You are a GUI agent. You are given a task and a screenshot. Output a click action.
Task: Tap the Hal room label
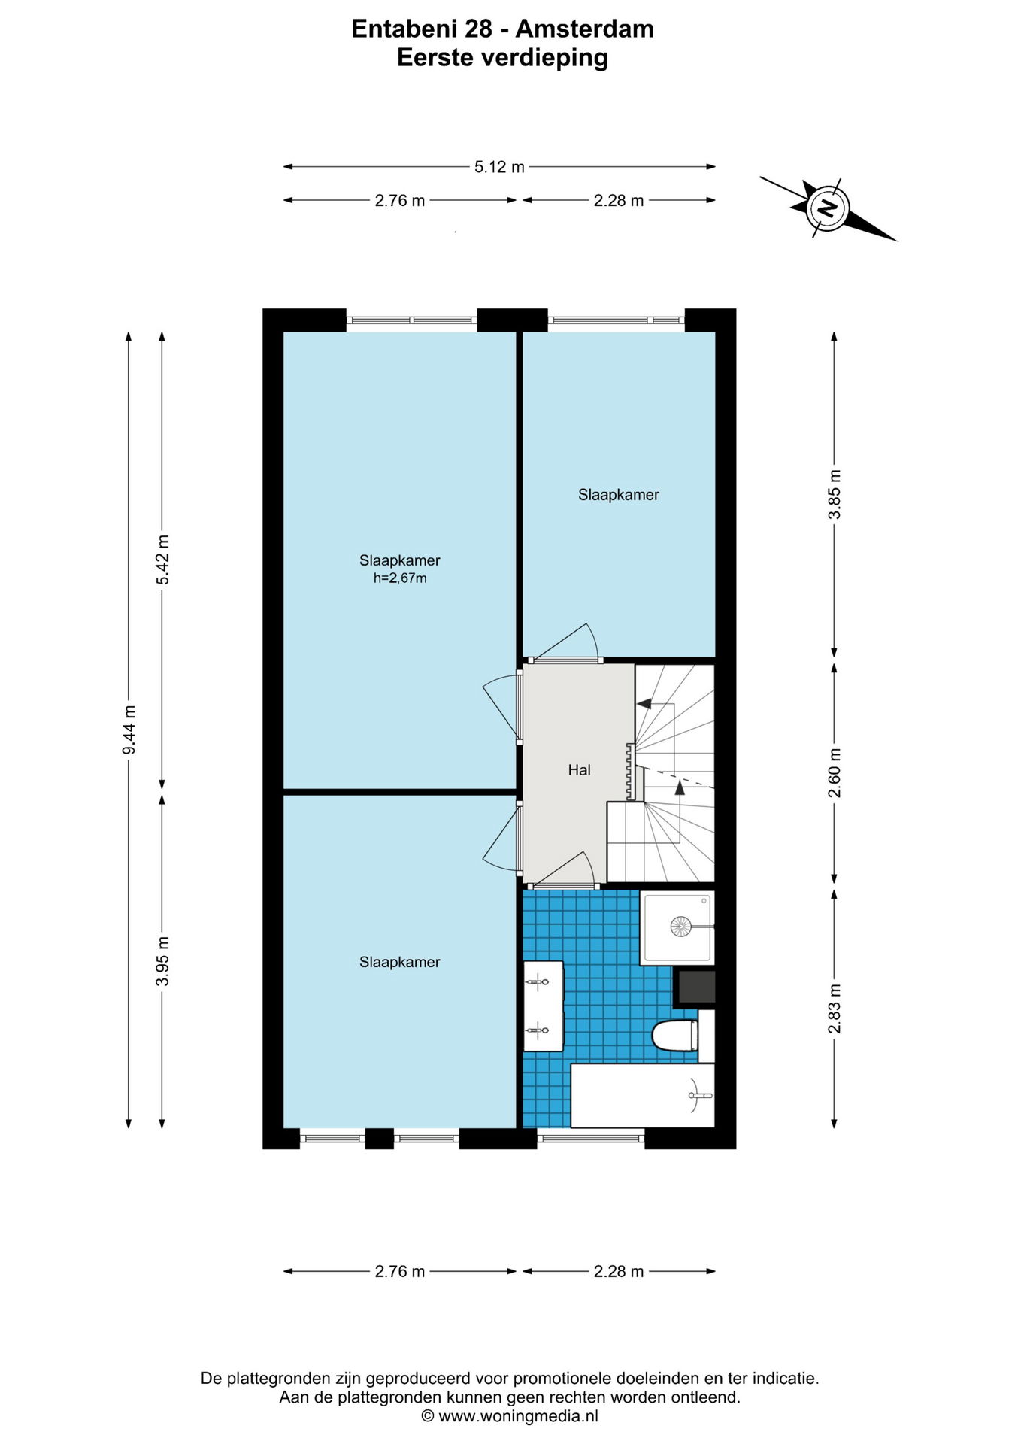click(579, 770)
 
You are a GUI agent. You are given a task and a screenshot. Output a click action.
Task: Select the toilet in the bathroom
click(674, 1036)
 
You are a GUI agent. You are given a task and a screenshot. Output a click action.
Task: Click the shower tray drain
click(680, 926)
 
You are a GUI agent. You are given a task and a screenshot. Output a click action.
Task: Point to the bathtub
click(642, 1095)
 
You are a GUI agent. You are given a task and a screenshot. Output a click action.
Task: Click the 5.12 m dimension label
click(499, 167)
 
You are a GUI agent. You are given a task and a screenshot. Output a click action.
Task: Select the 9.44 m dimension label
click(129, 730)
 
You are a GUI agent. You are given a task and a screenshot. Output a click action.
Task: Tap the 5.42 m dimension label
click(162, 560)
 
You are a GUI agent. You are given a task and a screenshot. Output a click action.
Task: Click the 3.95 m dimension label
click(162, 961)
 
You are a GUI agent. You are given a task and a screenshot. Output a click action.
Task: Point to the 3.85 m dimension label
click(835, 493)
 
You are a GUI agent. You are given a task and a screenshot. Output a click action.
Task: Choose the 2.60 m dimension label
click(835, 773)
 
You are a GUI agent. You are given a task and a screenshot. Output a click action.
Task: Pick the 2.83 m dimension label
click(835, 1009)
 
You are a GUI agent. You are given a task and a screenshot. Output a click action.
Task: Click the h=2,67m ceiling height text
click(400, 578)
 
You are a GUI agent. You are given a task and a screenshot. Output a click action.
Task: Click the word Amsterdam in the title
click(584, 29)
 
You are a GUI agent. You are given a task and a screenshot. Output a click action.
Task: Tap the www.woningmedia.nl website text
click(518, 1416)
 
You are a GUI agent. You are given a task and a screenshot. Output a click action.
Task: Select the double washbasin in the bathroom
click(544, 1006)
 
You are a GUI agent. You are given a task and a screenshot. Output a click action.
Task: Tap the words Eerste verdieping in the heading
click(502, 58)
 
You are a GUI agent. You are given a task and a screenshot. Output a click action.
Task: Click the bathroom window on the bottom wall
click(591, 1138)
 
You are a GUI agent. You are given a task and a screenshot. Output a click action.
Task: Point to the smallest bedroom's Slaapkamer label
click(618, 495)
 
